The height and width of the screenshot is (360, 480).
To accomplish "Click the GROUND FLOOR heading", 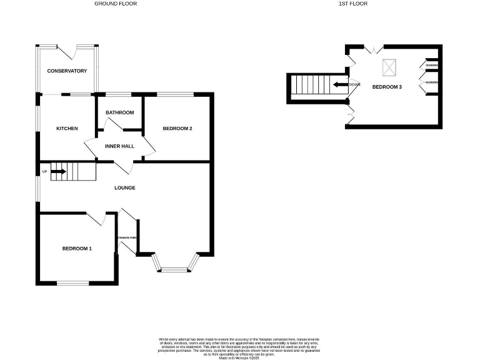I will pos(116,4).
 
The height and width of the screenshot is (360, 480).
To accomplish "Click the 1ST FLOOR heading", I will pos(353,4).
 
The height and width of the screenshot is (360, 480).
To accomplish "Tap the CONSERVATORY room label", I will pos(67,71).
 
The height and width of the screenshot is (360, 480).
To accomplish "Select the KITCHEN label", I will pos(67,129).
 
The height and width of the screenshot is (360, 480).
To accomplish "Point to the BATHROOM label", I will pos(119,112).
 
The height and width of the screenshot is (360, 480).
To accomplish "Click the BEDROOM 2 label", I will pos(177,129).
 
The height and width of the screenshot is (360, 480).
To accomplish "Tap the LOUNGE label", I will pos(124,187).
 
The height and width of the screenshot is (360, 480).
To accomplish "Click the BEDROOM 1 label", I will pos(77,249).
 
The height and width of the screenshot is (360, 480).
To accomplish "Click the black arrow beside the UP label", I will pos(59,171).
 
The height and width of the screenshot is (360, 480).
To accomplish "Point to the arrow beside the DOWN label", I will pos(340,84).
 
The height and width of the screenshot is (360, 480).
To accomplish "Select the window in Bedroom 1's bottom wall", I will pos(74,283).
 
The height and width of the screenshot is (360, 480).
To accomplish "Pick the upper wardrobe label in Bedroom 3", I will pos(431,66).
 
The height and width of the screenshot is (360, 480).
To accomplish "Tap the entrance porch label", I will pos(127,237).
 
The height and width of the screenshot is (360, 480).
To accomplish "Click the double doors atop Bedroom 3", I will pos(374,48).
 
